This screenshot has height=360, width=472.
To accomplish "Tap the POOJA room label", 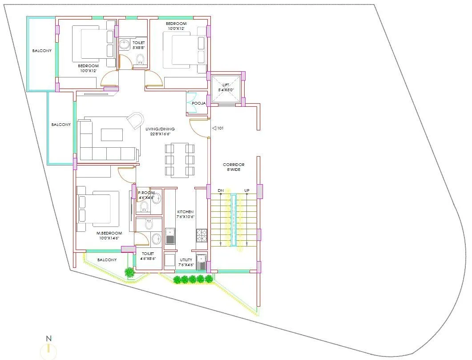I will [198, 103].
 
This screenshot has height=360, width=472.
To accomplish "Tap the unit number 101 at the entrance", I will [220, 129].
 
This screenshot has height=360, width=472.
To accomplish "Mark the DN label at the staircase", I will [220, 191].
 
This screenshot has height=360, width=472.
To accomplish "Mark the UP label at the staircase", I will [246, 191].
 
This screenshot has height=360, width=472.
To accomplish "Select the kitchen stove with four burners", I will [202, 235].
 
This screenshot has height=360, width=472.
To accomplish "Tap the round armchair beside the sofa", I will [135, 121].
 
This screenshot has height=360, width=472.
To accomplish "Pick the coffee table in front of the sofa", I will [112, 134].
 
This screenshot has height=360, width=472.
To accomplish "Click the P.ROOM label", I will [146, 195].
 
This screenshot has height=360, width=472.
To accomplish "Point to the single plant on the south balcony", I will [129, 272].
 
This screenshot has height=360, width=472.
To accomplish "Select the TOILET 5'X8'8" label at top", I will [139, 45].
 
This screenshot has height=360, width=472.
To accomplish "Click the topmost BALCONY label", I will [42, 51].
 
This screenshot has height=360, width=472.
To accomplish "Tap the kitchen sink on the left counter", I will [170, 236].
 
